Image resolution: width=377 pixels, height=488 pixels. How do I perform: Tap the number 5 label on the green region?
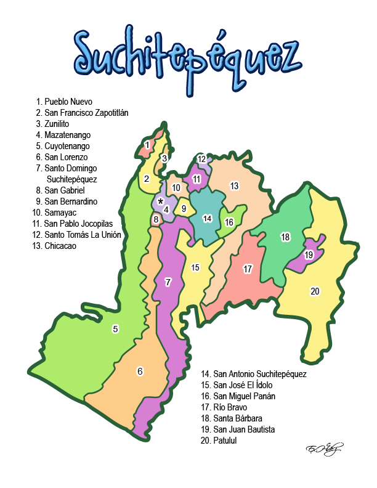tap(115, 329)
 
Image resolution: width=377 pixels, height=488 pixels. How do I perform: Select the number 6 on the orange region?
tap(140, 371)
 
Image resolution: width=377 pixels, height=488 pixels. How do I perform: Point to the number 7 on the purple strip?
tap(168, 282)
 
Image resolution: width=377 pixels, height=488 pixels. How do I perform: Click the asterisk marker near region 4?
tap(161, 201)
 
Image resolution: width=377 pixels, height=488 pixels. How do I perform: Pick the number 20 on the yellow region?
tap(315, 291)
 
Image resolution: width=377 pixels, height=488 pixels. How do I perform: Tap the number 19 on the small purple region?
tap(309, 254)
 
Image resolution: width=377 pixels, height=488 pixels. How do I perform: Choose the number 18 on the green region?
tap(285, 237)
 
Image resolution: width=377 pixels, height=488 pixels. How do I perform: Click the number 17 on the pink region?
tap(248, 269)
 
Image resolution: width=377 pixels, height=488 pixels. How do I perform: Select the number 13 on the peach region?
tap(234, 185)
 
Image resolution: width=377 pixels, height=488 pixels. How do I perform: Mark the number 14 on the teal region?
tap(208, 218)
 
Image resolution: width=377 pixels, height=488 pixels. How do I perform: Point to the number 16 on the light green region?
tap(229, 222)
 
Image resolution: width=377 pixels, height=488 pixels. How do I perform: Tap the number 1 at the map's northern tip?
tap(147, 145)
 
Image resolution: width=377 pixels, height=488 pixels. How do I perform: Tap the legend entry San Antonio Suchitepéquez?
tap(254, 374)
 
